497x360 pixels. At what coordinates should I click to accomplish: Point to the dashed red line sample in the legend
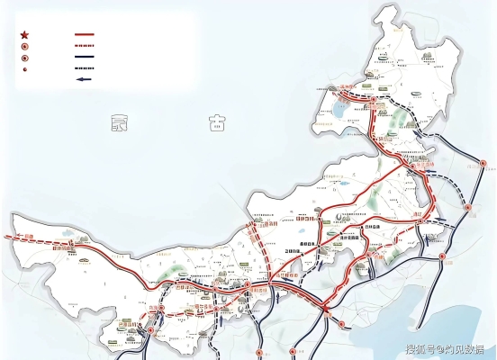pos(84,46)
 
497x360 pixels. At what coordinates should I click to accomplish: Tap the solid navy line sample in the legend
pos(84,57)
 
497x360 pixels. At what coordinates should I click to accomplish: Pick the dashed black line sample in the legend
pos(84,67)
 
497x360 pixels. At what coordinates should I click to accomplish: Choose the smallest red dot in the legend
pos(24,68)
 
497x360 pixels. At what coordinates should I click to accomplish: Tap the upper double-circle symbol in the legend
pos(24,46)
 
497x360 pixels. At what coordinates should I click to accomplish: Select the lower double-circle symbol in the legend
pos(24,57)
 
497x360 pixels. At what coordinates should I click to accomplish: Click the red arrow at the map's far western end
pos(9,237)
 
